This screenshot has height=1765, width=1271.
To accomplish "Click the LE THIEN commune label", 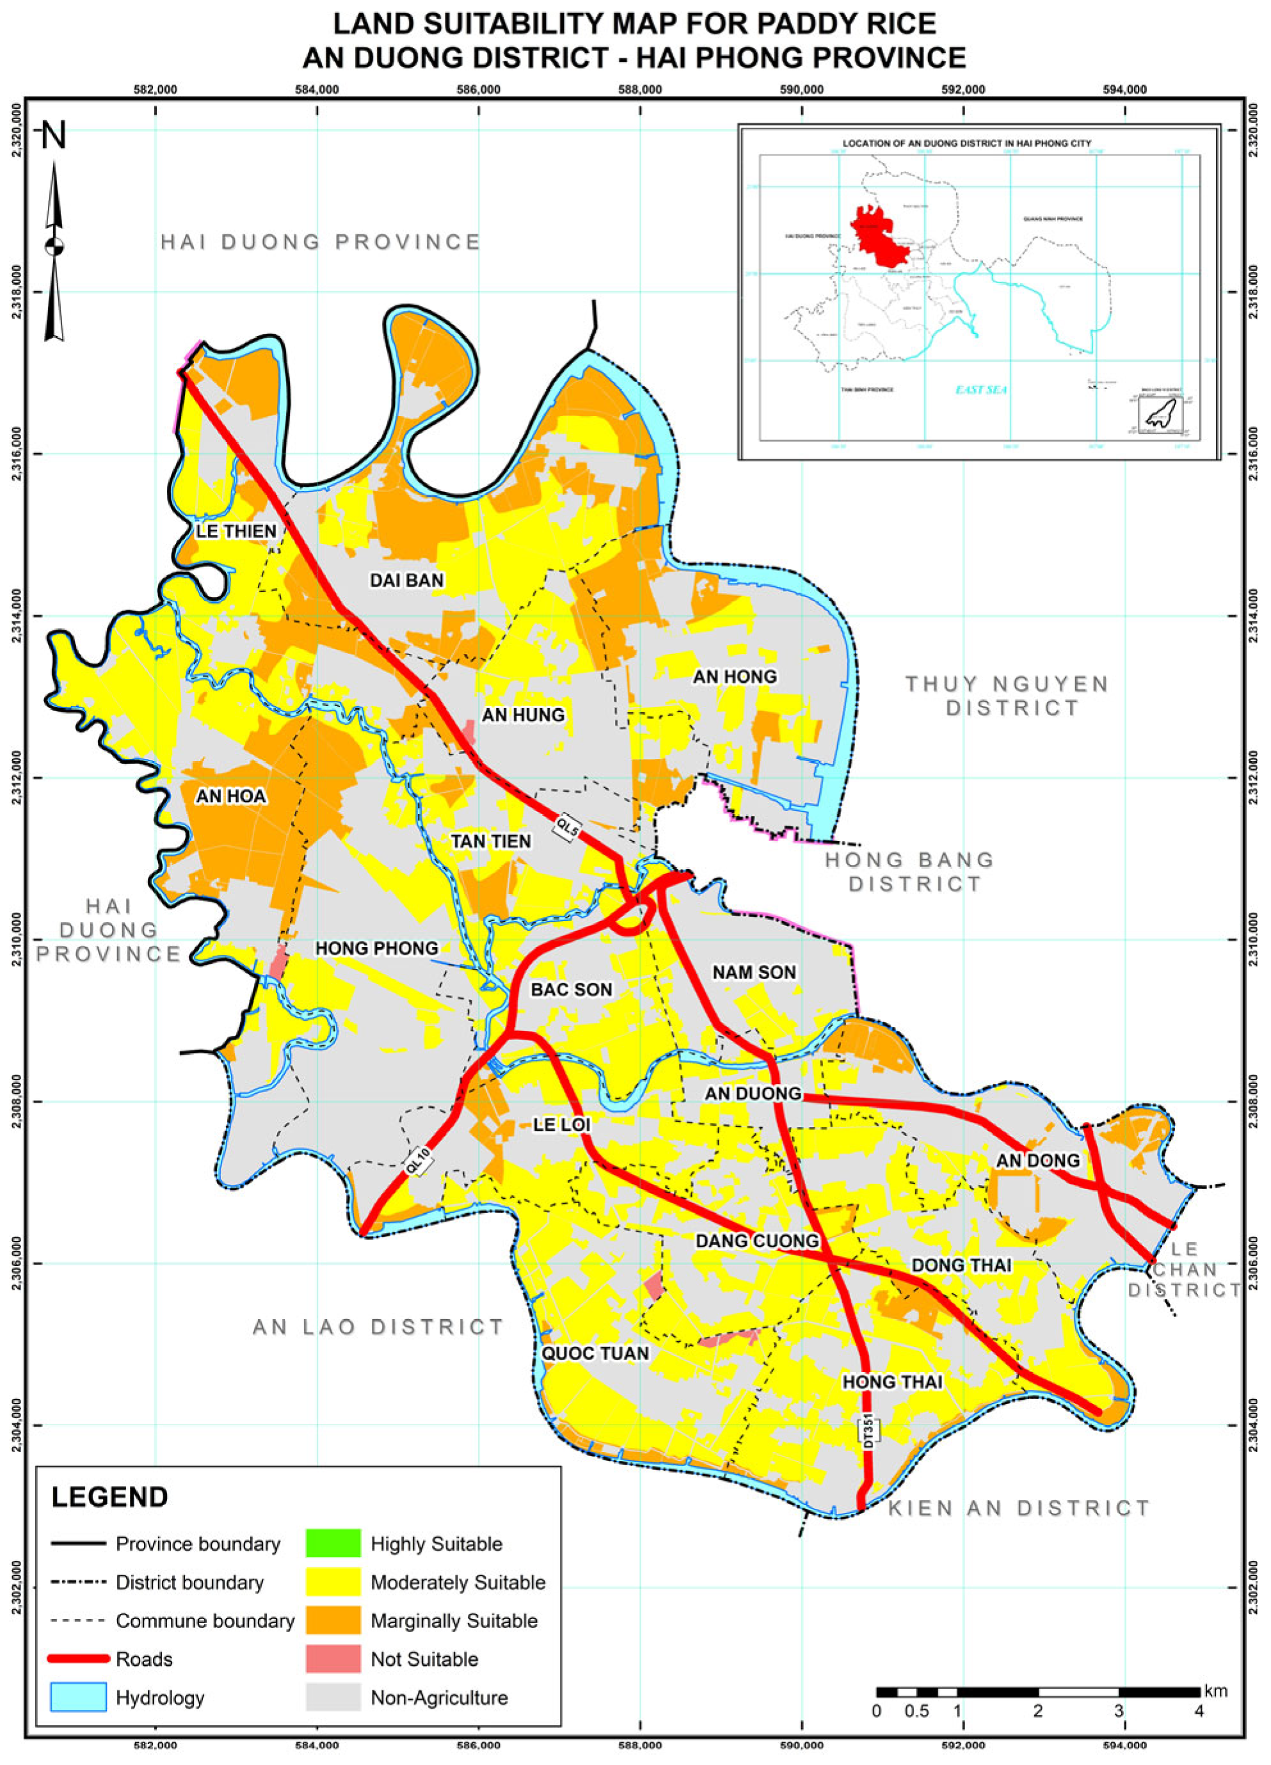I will (x=236, y=532).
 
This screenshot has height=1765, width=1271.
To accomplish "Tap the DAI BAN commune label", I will (x=406, y=580).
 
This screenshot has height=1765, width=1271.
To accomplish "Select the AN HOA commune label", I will (x=230, y=796).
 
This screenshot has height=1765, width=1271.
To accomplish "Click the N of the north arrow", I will (x=54, y=136).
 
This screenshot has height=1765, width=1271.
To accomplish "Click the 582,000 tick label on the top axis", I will (x=156, y=90).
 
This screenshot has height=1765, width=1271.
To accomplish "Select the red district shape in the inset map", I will (x=878, y=234).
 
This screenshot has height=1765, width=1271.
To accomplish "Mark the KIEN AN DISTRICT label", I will (x=1019, y=1509).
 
